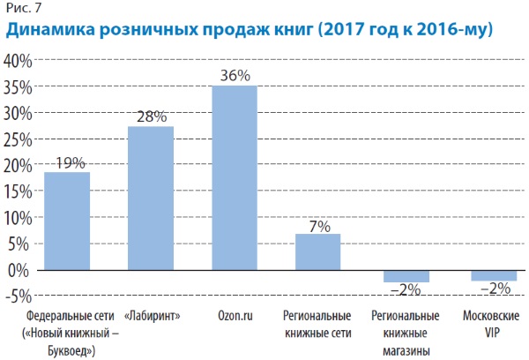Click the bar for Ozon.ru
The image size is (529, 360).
tap(234, 176)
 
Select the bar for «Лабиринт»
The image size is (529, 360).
tap(151, 198)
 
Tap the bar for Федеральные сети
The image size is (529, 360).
tap(67, 220)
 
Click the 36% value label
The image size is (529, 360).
tap(234, 76)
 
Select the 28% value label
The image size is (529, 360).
tap(151, 117)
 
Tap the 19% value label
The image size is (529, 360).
tap(67, 162)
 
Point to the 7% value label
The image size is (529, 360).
tap(318, 226)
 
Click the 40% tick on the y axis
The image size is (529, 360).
tap(19, 62)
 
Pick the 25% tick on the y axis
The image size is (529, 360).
tap(19, 139)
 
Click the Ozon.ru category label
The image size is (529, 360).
tap(234, 315)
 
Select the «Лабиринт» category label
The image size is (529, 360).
tap(151, 315)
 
